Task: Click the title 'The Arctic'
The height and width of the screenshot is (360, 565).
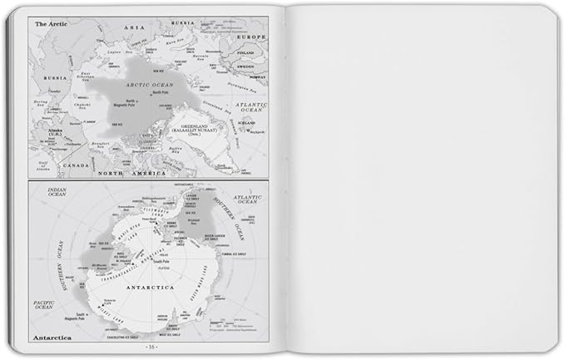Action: [51, 24]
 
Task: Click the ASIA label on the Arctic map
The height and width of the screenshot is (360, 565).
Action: [136, 27]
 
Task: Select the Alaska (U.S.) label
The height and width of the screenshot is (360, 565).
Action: [55, 132]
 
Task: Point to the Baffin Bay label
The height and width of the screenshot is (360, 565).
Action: [181, 150]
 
